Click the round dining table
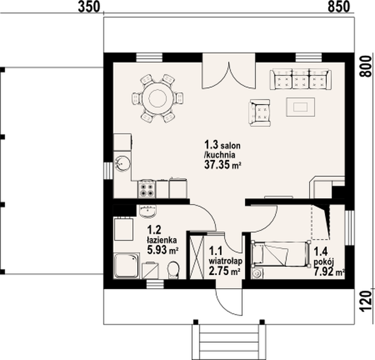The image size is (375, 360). pos(157,98)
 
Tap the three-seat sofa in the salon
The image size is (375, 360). pos(301,79)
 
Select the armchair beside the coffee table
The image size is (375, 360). pos(259,112)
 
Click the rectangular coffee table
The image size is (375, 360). pos(301,107)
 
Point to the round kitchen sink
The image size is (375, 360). pos(122,163)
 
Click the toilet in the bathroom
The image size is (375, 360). pos(174,270)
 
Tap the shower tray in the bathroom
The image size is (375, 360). pos(127,266)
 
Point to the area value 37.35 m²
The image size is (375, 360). pos(222,164)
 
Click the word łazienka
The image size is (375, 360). pos(162,239)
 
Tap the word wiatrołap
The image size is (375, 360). pos(226,261)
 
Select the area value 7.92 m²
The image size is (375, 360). pos(329,272)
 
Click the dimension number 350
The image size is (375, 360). pos(89,7)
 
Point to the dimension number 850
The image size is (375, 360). pos(339,7)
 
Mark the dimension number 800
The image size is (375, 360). pos(366,66)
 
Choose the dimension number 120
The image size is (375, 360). pos(366,301)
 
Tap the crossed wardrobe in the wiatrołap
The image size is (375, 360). pos(197,257)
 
